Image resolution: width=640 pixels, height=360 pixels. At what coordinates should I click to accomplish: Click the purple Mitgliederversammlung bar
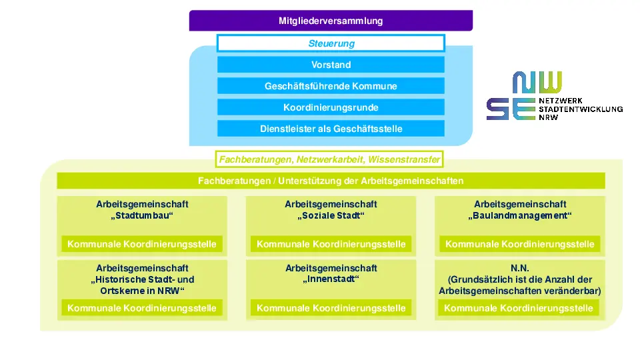[331, 21]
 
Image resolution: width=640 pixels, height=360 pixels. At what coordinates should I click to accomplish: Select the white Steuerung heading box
[331, 43]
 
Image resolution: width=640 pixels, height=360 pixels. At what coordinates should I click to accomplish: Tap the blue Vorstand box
[331, 65]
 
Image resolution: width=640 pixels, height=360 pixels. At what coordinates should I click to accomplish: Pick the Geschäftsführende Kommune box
[331, 86]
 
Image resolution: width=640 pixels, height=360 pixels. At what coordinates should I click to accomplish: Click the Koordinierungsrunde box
[331, 107]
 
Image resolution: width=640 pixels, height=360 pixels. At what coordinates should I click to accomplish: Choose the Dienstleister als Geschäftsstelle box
[331, 129]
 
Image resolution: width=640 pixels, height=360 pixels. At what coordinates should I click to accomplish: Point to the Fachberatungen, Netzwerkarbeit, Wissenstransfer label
[329, 159]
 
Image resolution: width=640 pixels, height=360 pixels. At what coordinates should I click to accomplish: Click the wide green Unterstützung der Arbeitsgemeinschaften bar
[331, 181]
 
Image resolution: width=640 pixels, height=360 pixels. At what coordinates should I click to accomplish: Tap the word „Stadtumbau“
[142, 215]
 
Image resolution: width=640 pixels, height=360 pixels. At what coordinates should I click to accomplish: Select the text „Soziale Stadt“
[331, 215]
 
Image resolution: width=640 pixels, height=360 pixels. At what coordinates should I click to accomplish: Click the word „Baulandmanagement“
[519, 215]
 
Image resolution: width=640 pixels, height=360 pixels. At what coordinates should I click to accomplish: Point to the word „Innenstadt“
[331, 279]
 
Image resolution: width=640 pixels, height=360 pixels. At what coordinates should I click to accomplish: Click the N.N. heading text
[519, 268]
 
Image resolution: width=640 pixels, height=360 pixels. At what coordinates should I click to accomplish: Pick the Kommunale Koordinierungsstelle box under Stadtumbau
[142, 244]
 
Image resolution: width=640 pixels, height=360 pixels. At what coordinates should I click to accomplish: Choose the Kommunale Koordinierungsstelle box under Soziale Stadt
[331, 244]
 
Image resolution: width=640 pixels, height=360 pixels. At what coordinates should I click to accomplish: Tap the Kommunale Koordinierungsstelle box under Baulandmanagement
[519, 244]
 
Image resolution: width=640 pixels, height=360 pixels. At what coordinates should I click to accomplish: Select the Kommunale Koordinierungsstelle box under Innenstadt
[331, 308]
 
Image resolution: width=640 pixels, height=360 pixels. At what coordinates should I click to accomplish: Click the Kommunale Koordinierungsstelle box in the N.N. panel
[519, 308]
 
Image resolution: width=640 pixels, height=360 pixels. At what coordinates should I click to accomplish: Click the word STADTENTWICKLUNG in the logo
[581, 109]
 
